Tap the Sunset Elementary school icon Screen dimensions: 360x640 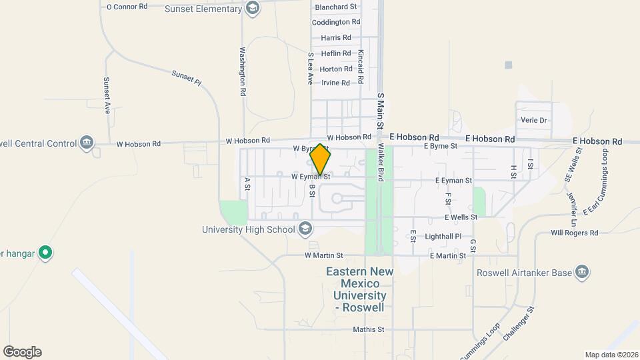tap(252, 9)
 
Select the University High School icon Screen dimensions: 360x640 tap(305, 230)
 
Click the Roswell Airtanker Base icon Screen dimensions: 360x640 tap(582, 273)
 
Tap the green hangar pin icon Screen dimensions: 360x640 tap(45, 253)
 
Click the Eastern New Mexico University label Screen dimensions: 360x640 tap(359, 289)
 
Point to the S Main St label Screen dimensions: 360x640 tap(381, 111)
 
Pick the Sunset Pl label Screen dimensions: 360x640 tap(186, 78)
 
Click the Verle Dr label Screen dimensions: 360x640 tap(533, 121)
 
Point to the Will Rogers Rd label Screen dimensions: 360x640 tap(575, 233)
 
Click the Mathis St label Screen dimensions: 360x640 tap(369, 329)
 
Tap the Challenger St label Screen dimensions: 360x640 tap(520, 323)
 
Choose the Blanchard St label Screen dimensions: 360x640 tap(336, 7)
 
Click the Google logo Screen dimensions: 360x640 tap(22, 352)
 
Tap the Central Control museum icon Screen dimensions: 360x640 tap(86, 143)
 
